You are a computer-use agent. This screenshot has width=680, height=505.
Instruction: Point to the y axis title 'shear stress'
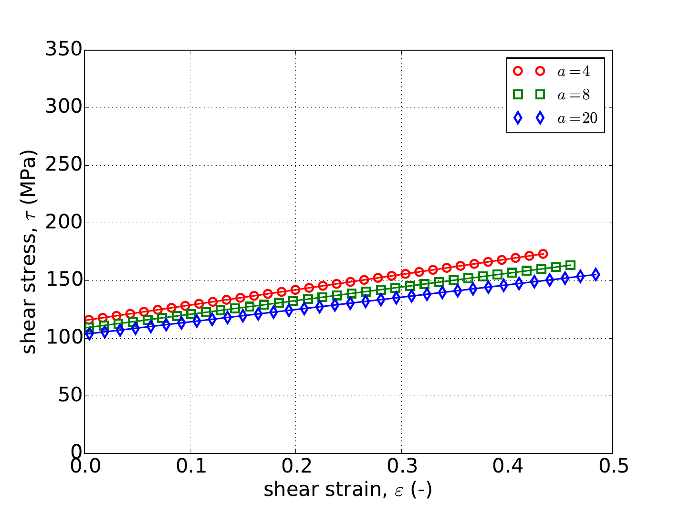[30, 252]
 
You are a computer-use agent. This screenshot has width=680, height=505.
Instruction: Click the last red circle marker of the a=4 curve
[543, 254]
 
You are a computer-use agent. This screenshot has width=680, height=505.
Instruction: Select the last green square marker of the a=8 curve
[571, 265]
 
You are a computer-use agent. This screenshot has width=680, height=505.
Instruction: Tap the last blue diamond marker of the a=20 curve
[596, 274]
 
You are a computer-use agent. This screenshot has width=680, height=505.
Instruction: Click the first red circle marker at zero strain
[89, 320]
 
